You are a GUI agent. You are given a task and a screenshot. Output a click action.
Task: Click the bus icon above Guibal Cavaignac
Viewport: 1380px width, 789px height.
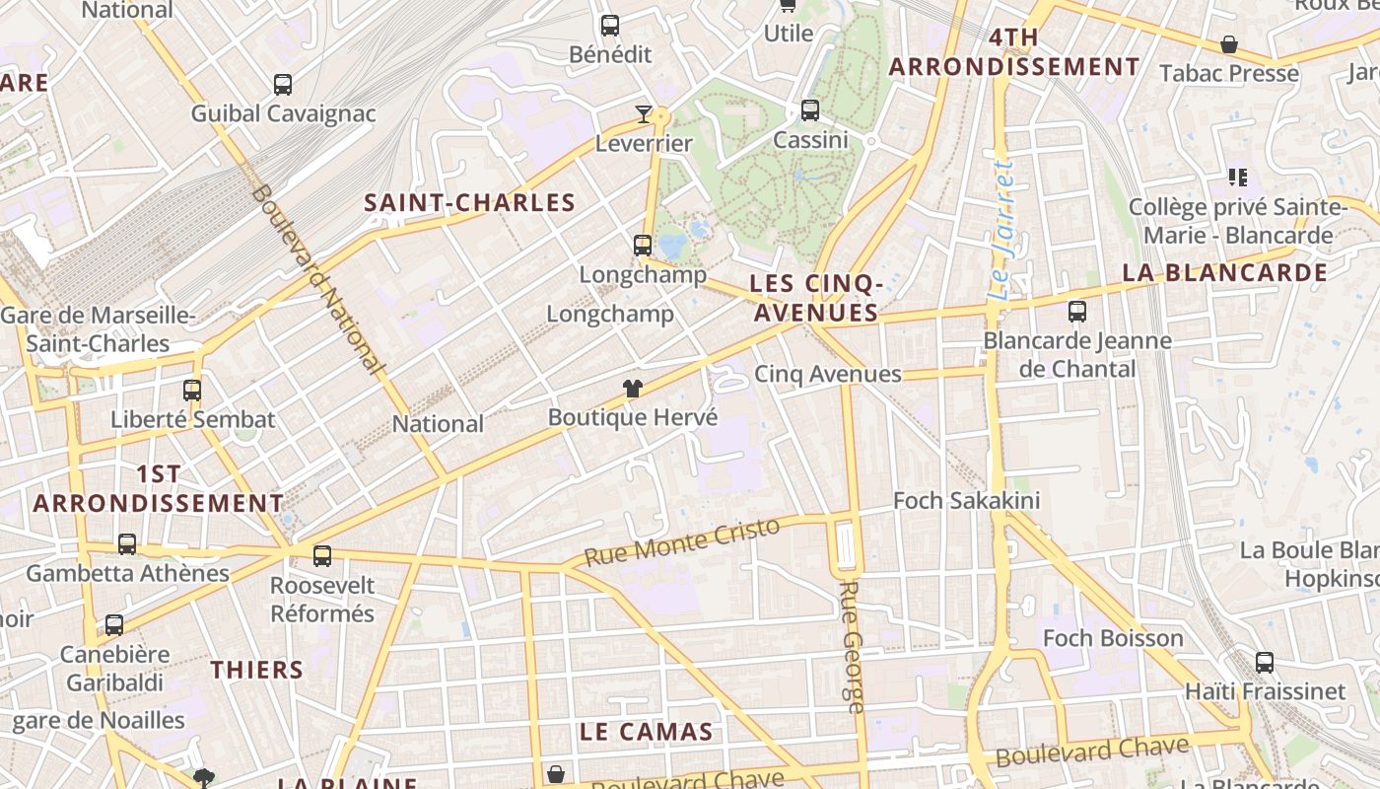tap(283, 85)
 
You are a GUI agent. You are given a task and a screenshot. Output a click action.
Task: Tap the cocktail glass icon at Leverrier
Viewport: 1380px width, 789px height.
tap(644, 114)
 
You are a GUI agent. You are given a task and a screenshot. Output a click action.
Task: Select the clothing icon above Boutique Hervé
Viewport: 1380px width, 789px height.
tap(633, 389)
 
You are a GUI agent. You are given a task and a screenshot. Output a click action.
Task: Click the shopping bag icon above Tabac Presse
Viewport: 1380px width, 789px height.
tap(1229, 44)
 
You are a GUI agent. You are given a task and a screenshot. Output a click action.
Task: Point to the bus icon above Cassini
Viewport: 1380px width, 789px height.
tap(810, 110)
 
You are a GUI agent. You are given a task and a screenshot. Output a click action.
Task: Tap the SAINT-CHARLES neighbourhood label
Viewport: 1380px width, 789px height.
tap(469, 203)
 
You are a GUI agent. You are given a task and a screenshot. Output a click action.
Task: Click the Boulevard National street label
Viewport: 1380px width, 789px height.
tap(316, 278)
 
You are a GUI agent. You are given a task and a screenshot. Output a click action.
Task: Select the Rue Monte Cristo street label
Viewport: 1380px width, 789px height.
tap(681, 541)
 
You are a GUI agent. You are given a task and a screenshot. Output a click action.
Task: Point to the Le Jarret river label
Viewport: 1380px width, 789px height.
tap(1001, 231)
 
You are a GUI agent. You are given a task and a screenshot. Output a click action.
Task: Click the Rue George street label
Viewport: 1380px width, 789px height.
tap(852, 646)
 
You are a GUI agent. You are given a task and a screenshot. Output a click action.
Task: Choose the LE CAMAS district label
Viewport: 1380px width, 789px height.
tap(646, 732)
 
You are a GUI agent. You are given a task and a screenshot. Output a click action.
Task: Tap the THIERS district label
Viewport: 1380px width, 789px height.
tap(257, 670)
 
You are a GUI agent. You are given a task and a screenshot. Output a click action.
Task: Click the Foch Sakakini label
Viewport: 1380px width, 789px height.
tap(966, 501)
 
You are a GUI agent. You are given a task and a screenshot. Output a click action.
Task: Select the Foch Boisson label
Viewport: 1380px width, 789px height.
tap(1113, 638)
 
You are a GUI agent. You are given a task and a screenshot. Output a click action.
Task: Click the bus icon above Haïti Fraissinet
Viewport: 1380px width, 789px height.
tap(1265, 663)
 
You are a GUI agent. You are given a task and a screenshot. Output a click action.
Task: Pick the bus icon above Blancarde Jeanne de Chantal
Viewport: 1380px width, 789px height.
tap(1077, 313)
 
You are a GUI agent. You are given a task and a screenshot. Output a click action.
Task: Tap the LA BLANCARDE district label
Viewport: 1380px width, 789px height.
tap(1225, 273)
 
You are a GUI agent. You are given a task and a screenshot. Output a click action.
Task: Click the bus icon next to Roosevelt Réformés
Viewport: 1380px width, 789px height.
tap(322, 556)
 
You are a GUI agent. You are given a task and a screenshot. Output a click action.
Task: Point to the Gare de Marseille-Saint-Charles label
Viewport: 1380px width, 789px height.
tap(99, 329)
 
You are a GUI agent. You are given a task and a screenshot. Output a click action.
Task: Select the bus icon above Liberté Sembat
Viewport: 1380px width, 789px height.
tap(192, 391)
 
